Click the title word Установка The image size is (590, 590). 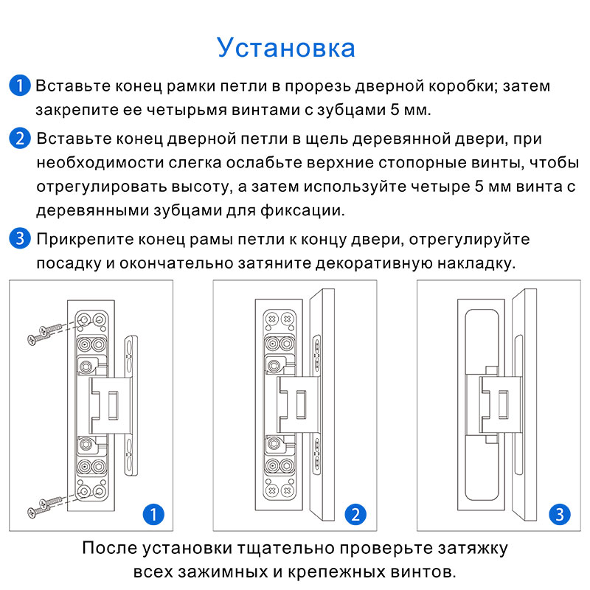coord(286,48)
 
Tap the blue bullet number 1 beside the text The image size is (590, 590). coord(20,85)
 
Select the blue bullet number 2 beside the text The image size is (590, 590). coord(20,138)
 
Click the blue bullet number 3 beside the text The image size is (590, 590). coord(20,239)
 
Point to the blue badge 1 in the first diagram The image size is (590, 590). coord(153,513)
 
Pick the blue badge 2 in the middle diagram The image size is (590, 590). coord(355,513)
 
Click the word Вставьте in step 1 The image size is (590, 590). coord(72,86)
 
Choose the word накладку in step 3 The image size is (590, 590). coord(476,263)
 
